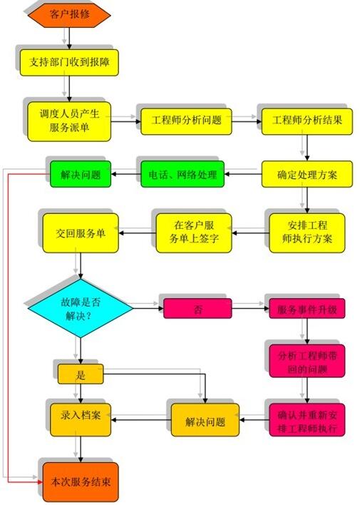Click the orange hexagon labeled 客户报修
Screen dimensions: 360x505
69,14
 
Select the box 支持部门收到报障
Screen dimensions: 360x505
69,63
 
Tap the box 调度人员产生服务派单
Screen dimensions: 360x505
69,121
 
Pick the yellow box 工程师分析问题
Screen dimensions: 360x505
186,121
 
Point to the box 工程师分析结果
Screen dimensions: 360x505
307,121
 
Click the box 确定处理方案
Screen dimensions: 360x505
307,174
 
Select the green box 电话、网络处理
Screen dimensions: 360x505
182,174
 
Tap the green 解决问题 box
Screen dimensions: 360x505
81,174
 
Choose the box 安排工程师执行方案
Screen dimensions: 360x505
307,233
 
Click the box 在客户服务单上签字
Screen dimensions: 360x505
194,233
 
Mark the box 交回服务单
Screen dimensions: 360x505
81,233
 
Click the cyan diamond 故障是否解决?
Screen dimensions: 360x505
81,308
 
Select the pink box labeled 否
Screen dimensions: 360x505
197,309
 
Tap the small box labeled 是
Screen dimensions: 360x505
81,374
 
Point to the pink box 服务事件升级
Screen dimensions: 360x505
307,309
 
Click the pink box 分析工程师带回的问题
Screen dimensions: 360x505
307,361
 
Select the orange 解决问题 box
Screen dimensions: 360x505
205,420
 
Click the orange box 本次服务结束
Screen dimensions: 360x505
81,482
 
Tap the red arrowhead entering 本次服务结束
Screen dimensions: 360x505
40,482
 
